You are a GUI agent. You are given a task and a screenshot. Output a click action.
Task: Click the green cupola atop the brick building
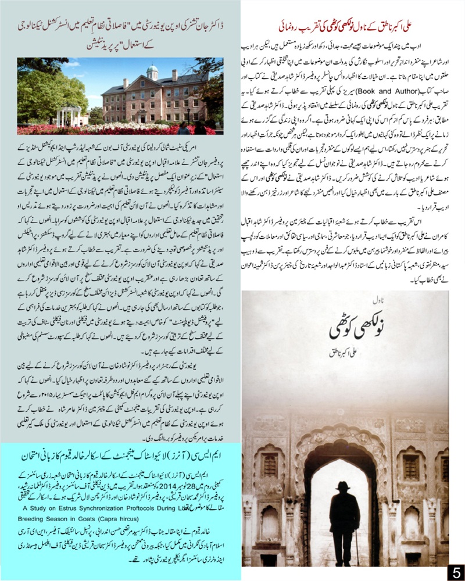click(x=152, y=71)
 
